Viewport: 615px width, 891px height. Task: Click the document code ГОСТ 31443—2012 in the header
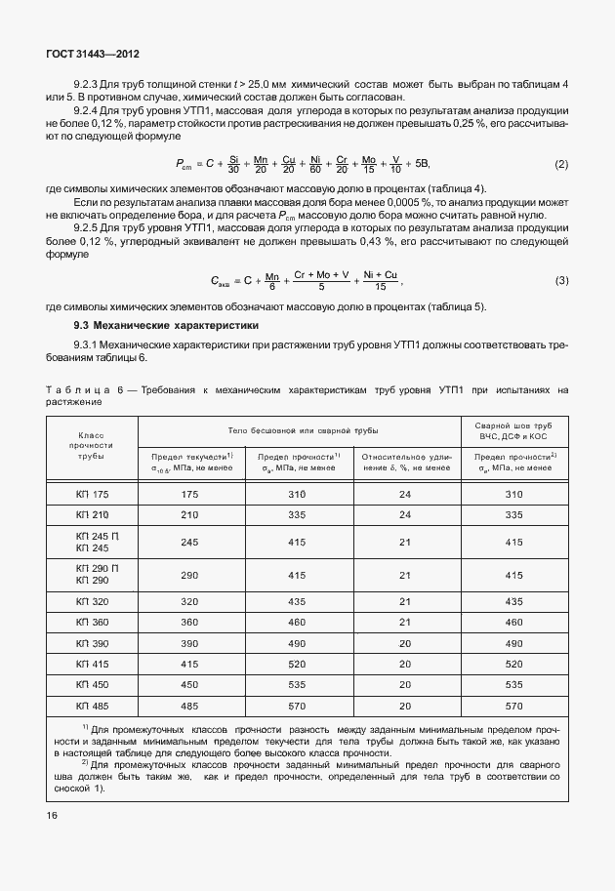tap(86, 58)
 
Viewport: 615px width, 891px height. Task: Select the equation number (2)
tap(561, 163)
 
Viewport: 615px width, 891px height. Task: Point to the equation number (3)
tap(561, 281)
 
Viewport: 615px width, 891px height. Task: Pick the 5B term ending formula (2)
tap(422, 163)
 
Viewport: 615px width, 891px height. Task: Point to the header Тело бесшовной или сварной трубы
tap(298, 429)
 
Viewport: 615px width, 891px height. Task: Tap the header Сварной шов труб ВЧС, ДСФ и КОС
tap(513, 434)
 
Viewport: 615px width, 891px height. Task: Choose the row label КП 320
tap(93, 601)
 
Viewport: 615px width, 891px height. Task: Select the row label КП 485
tap(93, 704)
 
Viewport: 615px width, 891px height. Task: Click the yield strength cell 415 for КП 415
tap(189, 663)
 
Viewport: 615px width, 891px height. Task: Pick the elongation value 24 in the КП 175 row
tap(404, 494)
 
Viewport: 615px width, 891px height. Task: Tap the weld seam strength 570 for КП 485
tap(513, 704)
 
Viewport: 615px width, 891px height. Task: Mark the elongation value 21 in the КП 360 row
tap(404, 622)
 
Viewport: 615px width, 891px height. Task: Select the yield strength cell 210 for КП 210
tap(189, 514)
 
